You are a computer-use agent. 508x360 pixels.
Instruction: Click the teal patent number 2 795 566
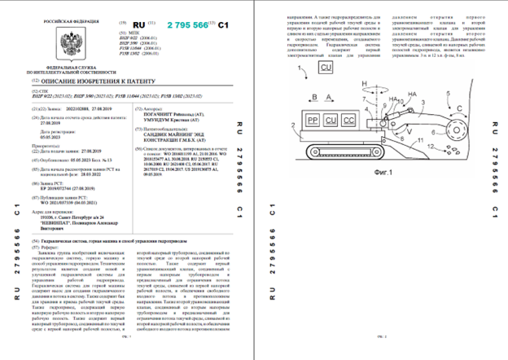(x=189, y=26)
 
